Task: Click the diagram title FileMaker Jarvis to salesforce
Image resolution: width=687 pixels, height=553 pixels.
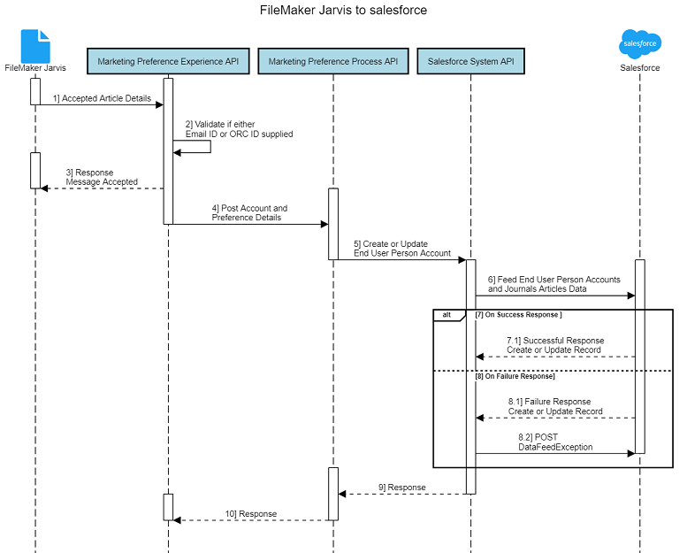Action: [343, 11]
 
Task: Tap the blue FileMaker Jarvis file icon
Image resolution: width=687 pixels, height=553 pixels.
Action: [35, 45]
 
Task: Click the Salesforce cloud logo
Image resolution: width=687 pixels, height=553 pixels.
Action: [639, 43]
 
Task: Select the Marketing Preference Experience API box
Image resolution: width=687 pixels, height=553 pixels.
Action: [168, 62]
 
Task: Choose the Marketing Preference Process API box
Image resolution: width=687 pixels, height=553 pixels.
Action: [333, 62]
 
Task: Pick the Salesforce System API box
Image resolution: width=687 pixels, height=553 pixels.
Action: [470, 62]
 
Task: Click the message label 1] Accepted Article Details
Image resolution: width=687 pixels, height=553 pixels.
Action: [102, 97]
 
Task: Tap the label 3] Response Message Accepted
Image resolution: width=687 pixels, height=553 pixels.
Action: [102, 177]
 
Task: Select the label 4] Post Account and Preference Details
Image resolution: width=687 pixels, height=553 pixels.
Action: [249, 212]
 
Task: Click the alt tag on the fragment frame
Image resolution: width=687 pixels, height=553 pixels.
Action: [447, 315]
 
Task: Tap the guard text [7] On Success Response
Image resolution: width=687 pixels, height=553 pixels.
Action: [518, 315]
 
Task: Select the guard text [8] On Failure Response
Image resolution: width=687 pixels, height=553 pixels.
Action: [515, 376]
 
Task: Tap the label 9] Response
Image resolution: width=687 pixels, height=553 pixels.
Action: [402, 487]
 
